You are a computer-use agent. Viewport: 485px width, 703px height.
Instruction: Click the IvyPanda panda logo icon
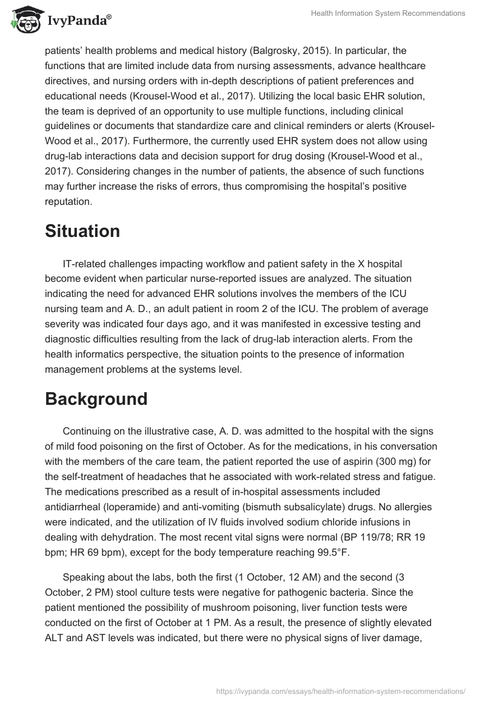tap(23, 20)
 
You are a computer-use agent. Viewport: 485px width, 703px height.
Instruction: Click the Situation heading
tap(82, 231)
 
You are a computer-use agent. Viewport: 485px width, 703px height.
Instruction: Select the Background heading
tap(96, 399)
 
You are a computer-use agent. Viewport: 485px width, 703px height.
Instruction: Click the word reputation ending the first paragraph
tap(69, 201)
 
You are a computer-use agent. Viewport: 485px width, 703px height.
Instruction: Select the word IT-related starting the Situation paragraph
tap(85, 264)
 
